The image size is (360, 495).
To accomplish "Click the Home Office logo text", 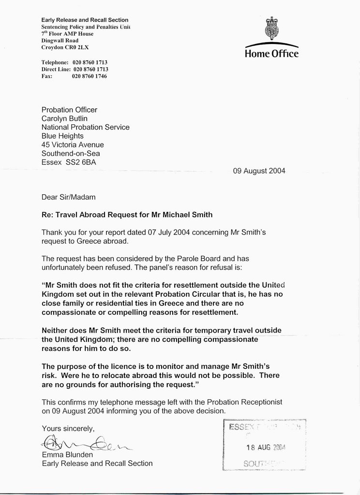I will tap(271, 54).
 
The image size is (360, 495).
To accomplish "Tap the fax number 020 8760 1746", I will tap(90, 76).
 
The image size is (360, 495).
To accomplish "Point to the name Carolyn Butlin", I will tap(64, 118).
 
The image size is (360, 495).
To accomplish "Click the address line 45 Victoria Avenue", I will tap(73, 145).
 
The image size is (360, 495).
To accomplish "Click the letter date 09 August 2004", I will tap(259, 171).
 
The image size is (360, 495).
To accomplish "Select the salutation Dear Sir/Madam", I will tap(68, 197).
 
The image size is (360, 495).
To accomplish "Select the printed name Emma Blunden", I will tap(64, 454).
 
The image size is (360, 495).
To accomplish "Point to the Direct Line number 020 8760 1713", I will tap(90, 70).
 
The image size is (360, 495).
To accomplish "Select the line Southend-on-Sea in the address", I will tap(71, 153).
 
